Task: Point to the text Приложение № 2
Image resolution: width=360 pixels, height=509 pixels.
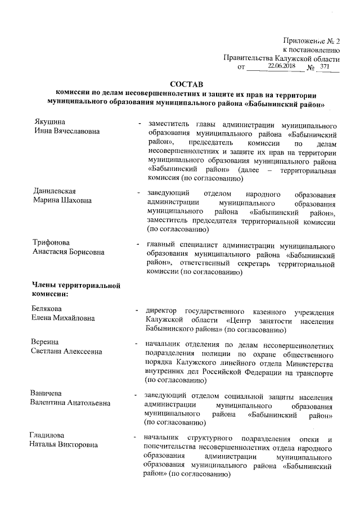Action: pos(311,40)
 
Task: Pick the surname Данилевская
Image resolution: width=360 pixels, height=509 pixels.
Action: pos(55,191)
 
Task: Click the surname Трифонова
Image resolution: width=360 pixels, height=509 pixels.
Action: pos(52,243)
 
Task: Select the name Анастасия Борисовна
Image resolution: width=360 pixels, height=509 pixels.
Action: pos(69,253)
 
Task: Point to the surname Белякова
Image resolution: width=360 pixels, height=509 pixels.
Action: pos(47,308)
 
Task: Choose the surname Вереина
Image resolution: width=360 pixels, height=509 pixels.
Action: pos(46,343)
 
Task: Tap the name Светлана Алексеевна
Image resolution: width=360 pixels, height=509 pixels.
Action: pos(66,352)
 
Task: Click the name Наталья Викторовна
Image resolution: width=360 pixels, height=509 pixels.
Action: pos(64,445)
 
